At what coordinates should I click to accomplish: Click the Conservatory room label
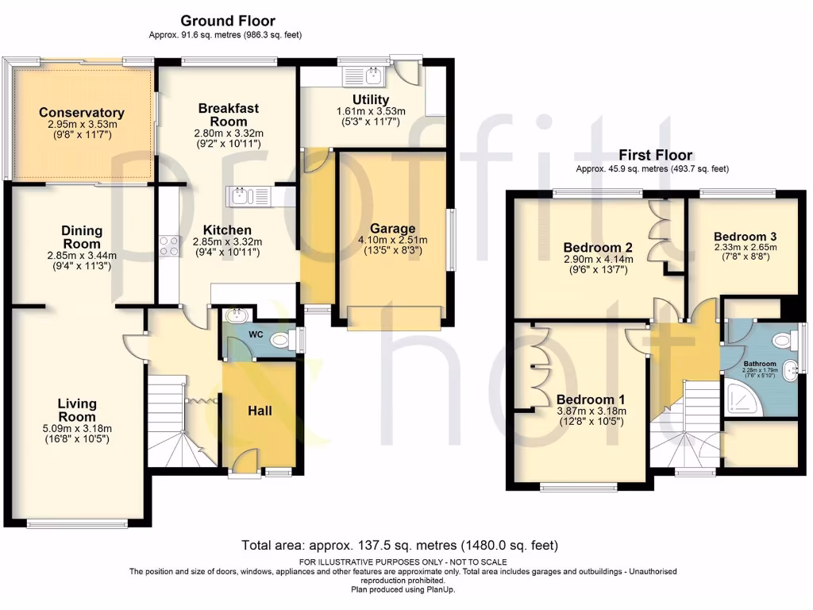click(x=82, y=113)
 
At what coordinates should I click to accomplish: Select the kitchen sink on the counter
click(x=249, y=195)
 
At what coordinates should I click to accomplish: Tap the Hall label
click(x=260, y=411)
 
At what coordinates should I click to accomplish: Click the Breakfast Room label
click(x=229, y=114)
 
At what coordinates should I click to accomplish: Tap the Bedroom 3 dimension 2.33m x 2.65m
click(x=745, y=247)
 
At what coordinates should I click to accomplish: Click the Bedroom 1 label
click(x=585, y=399)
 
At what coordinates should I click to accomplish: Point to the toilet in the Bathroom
click(x=781, y=341)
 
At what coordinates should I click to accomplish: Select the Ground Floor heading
click(x=228, y=21)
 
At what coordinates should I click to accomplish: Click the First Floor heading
click(x=655, y=155)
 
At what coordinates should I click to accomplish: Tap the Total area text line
click(x=399, y=546)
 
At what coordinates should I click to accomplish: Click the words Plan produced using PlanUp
click(x=403, y=589)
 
